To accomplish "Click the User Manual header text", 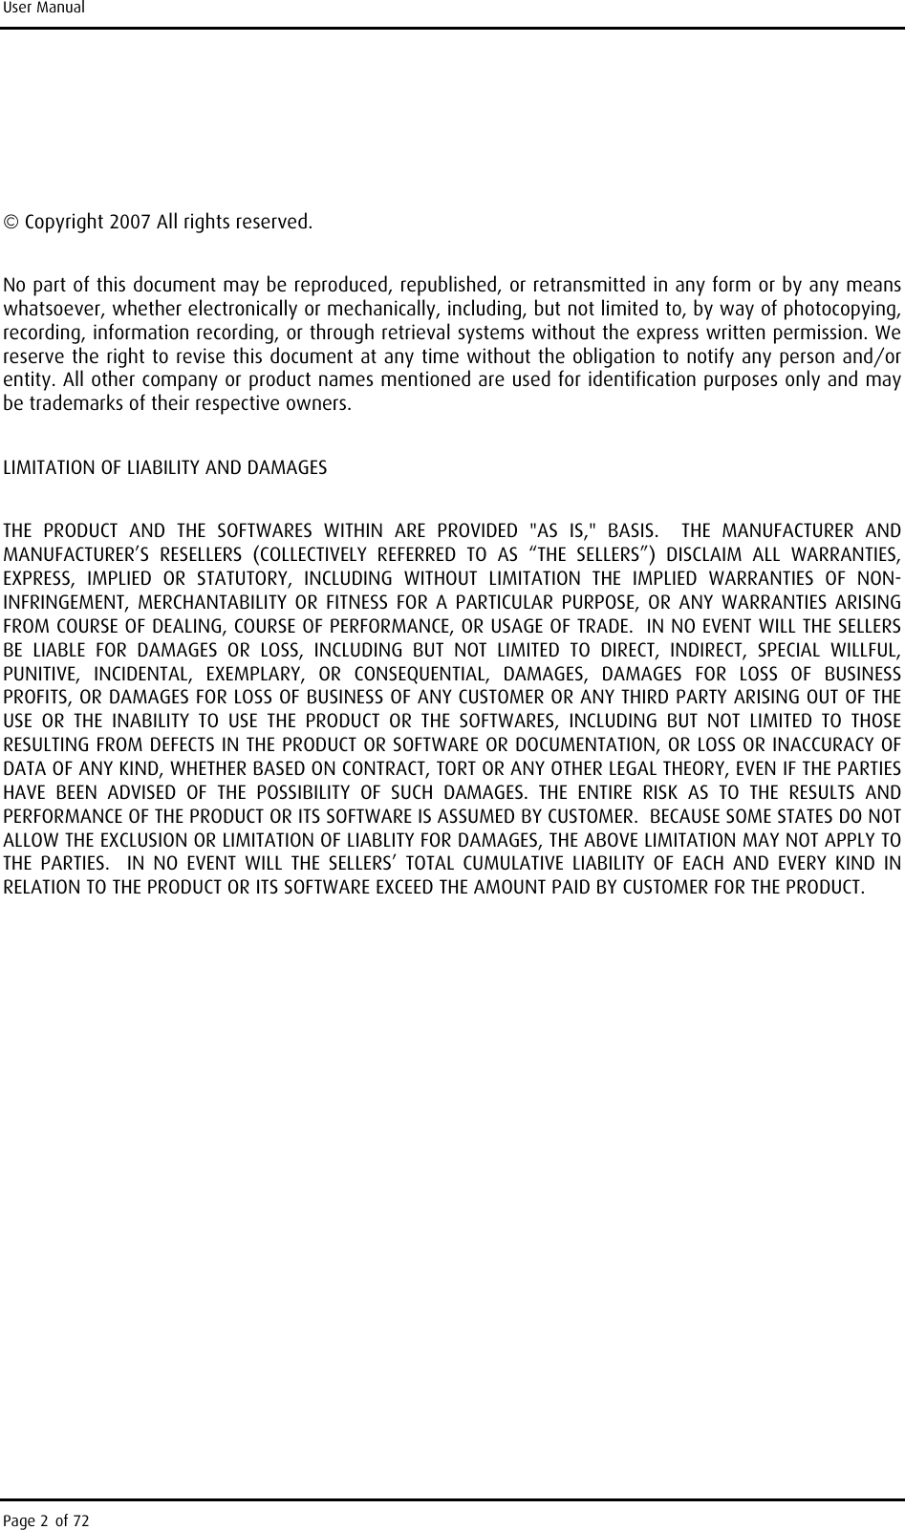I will (x=43, y=9).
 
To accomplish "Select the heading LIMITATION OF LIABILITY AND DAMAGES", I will (x=165, y=469).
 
